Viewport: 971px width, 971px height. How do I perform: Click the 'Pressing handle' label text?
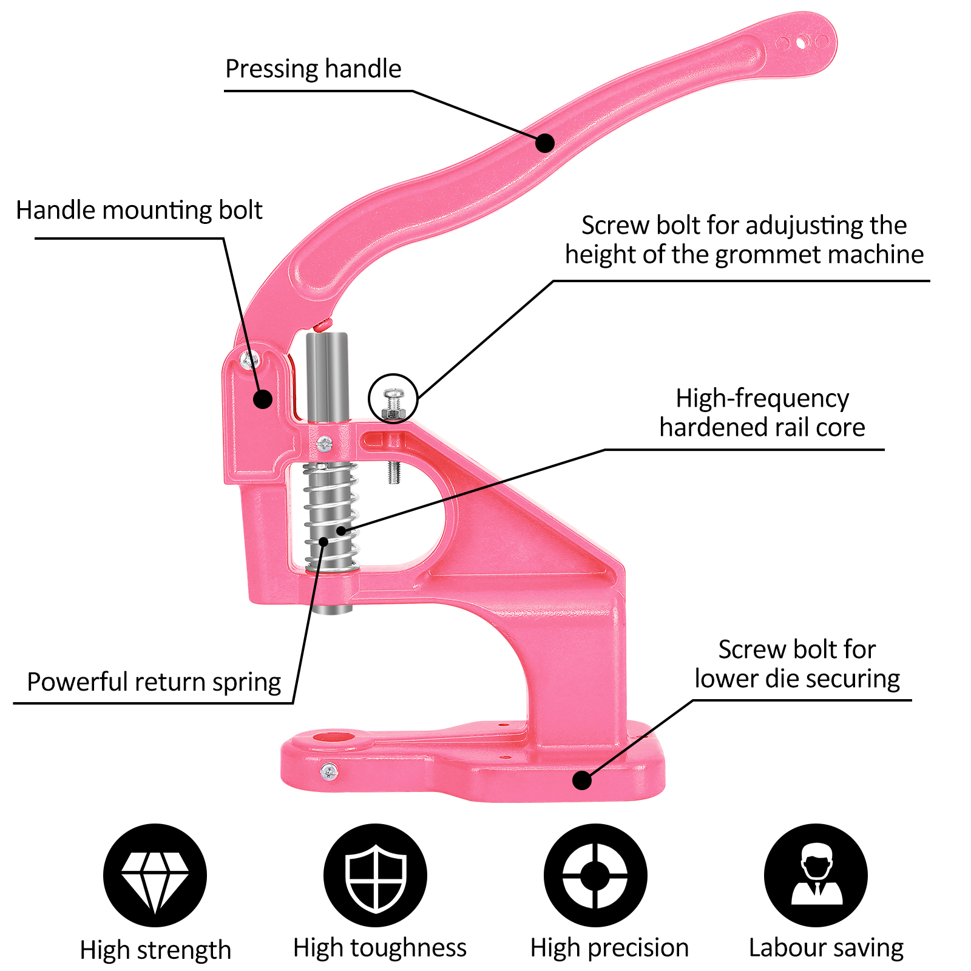pos(313,69)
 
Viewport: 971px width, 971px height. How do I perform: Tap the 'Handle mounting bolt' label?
pos(139,211)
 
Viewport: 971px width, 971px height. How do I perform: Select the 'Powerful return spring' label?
pos(154,682)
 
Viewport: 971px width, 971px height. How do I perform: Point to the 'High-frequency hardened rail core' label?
pos(762,413)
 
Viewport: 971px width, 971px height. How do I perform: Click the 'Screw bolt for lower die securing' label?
pos(797,664)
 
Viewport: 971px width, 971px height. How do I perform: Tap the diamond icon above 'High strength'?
pos(155,875)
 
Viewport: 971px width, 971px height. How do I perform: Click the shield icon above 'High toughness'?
pos(375,875)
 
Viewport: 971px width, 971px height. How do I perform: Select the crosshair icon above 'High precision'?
pos(595,875)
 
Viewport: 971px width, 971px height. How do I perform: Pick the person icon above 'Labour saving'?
pos(816,875)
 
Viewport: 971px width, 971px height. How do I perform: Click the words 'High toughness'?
pos(380,947)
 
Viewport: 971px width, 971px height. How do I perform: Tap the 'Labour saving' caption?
pos(826,947)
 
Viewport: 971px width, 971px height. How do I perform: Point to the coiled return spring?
pos(331,516)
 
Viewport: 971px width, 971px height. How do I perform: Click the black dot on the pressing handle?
pos(545,143)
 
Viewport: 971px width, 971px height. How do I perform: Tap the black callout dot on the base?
pos(582,780)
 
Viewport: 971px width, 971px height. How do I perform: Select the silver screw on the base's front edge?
pos(330,772)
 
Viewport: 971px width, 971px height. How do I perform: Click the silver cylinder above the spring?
pos(327,376)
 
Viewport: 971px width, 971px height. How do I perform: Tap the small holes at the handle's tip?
pos(802,43)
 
